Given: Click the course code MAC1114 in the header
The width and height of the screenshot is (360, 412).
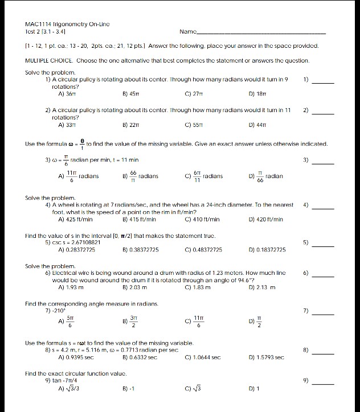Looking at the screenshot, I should [x=38, y=26].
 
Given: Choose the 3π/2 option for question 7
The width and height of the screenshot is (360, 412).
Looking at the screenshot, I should [x=131, y=323].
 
